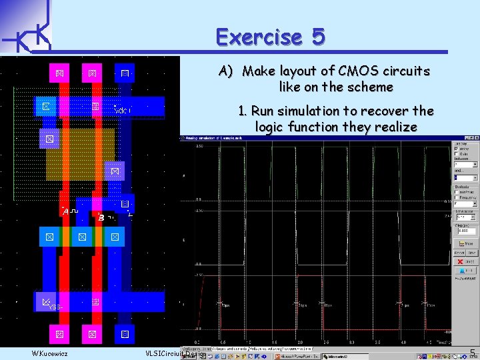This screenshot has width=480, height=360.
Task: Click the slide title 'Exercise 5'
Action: point(270,36)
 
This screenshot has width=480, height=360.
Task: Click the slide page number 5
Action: point(473,353)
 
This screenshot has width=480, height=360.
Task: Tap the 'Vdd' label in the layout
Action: point(123,109)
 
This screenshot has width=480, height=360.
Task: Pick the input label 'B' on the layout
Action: point(101,217)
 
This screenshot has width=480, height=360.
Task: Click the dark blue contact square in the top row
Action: point(125,72)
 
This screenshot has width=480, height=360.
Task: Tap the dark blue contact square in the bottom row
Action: point(125,333)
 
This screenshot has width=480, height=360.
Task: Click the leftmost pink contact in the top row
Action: point(59,72)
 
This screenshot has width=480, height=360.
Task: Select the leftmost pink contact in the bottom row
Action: point(59,333)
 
